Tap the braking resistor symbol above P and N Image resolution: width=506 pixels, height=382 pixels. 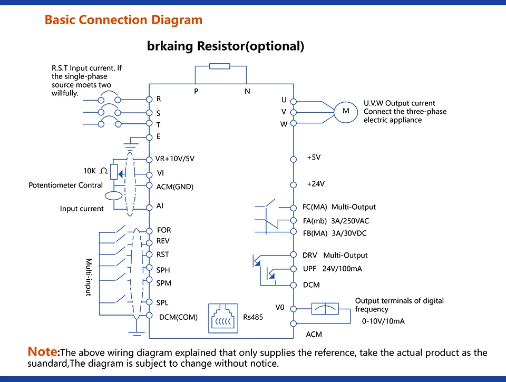(x=219, y=66)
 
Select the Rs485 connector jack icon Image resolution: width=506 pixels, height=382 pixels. (x=223, y=318)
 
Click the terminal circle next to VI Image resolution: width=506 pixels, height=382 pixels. (x=149, y=174)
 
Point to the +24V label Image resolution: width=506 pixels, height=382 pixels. (x=316, y=184)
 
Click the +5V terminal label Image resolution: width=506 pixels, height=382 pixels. (x=314, y=158)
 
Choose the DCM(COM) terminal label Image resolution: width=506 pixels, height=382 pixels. (x=178, y=317)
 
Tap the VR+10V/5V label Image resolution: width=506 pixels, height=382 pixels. (x=175, y=159)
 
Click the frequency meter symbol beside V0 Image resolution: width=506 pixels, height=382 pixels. (x=325, y=309)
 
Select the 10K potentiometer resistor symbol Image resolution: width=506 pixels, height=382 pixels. (x=114, y=172)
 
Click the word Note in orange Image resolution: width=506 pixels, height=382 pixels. (x=42, y=351)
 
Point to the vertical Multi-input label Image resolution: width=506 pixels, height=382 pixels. (x=89, y=277)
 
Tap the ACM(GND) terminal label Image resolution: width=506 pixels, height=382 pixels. (x=174, y=187)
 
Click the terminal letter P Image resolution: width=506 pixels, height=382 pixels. (x=196, y=91)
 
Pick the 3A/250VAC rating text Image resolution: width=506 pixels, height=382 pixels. (x=350, y=221)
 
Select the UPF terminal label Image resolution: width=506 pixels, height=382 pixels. (x=309, y=269)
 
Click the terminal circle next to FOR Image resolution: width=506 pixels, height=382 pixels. (x=149, y=231)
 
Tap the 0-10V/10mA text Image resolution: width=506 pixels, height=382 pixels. (x=383, y=321)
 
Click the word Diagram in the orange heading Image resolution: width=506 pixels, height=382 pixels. (x=177, y=20)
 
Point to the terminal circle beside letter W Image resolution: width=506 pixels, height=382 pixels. (x=294, y=123)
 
